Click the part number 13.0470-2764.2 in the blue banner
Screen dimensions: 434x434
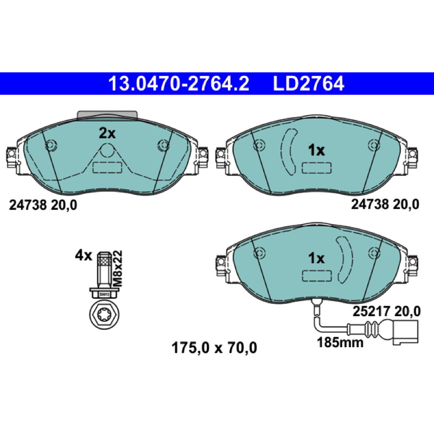179,84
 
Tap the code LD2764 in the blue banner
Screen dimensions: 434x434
309,84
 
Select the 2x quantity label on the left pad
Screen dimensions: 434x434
107,133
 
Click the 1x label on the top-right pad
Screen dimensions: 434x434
316,151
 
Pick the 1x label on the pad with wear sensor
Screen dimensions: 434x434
316,259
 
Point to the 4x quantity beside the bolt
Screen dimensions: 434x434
84,256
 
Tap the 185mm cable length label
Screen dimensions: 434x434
340,343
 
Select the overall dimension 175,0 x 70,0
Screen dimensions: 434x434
214,348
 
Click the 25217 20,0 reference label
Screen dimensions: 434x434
386,311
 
